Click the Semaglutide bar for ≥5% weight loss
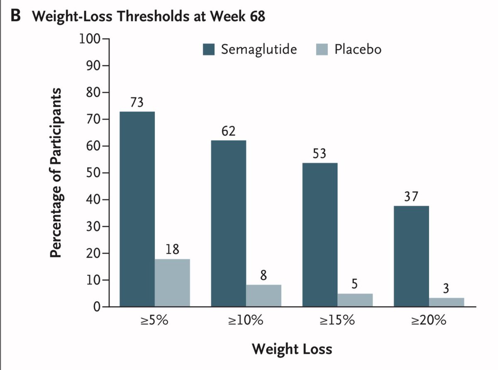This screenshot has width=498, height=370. pos(137,209)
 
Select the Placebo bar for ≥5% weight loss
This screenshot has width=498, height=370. pos(172,283)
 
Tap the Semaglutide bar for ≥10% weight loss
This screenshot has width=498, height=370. pos(228,224)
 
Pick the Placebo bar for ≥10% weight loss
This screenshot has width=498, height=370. pos(264,296)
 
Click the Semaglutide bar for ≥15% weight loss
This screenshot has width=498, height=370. pos(320,235)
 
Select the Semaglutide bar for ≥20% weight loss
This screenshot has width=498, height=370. pos(411,256)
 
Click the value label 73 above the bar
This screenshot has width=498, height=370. pos(137,103)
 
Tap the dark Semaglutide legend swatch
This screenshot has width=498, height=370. pos(209,50)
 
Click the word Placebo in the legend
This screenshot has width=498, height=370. pos(358,50)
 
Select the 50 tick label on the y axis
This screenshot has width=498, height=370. pos(92,173)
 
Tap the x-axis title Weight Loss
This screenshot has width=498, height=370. pos(292,349)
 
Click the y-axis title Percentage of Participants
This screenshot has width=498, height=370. pos(57,173)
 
